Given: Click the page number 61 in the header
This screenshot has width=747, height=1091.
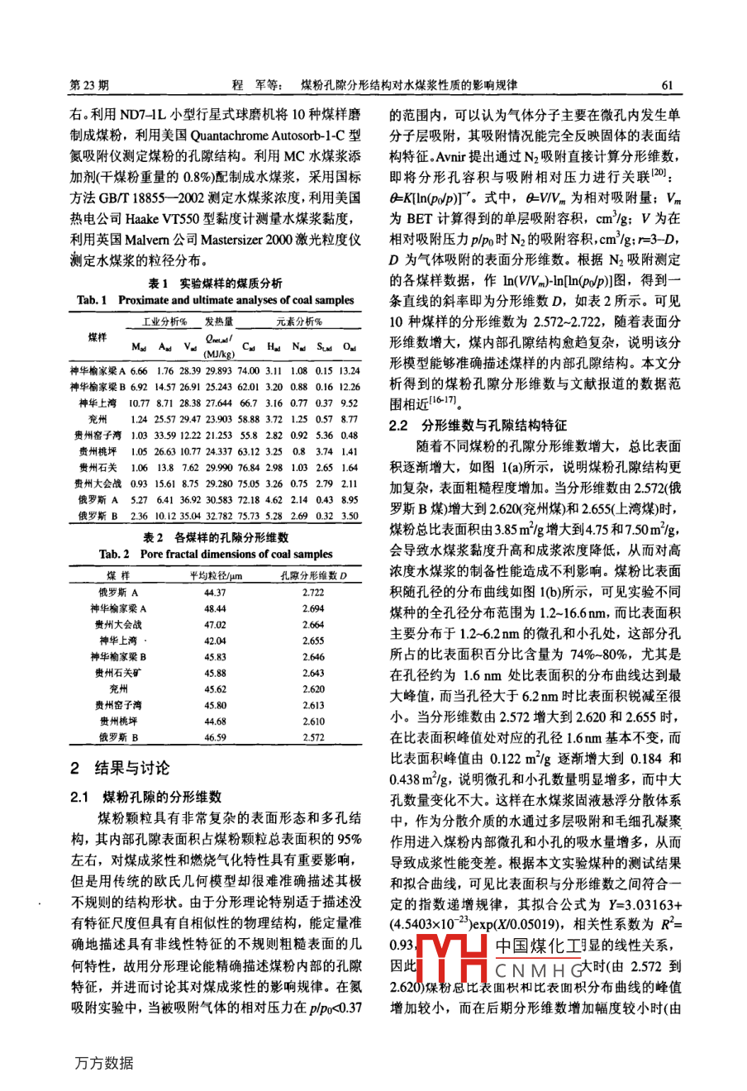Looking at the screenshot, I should tap(668, 85).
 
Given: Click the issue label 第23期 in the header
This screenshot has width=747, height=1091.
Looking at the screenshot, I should tap(91, 85).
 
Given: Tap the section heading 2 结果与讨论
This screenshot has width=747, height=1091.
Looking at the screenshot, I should tap(121, 768).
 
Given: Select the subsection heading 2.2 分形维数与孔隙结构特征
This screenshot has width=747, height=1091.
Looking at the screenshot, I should tap(478, 426).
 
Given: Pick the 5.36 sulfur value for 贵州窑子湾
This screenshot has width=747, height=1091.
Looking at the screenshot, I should tap(324, 435).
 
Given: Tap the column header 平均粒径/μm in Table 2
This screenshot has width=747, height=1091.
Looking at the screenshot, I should tap(215, 575).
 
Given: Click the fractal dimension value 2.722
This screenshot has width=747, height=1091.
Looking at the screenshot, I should tap(313, 593).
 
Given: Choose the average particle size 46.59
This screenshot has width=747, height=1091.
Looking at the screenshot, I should tap(215, 737).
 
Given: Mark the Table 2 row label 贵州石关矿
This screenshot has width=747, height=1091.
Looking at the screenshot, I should tap(118, 673).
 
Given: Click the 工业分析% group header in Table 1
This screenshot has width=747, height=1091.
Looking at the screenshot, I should tap(164, 322).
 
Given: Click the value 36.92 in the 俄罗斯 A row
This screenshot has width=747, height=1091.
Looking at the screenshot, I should tap(194, 499).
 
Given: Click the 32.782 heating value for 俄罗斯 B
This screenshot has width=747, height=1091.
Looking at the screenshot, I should tap(219, 516).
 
